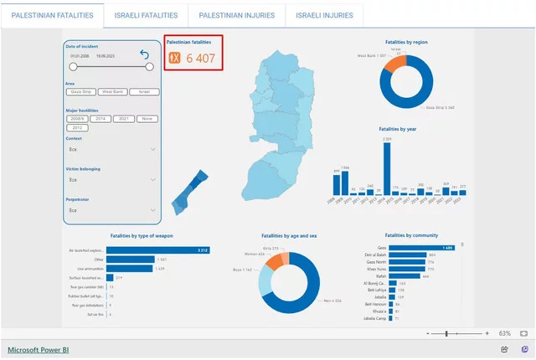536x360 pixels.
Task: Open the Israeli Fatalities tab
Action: [147, 15]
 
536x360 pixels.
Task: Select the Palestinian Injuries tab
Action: [237, 15]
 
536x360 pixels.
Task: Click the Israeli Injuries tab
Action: [325, 15]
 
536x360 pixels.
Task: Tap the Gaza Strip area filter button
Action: [81, 91]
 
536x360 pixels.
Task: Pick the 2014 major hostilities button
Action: [99, 119]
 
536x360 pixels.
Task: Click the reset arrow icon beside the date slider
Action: [145, 55]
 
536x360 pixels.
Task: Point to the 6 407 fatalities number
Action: [201, 58]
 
